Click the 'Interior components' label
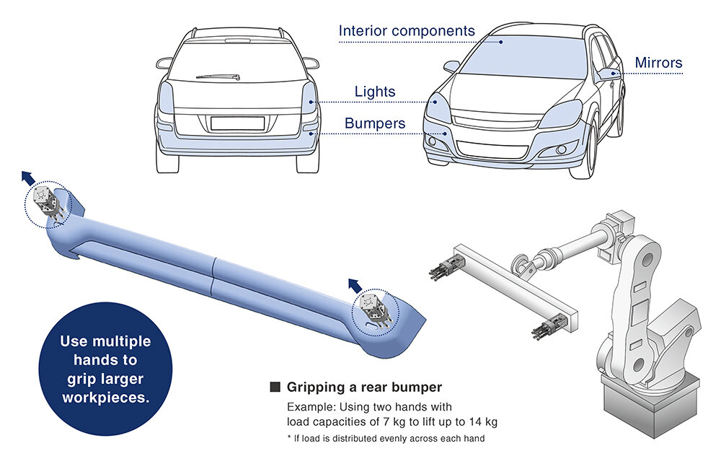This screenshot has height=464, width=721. pyautogui.click(x=407, y=31)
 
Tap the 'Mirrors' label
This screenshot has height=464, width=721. pyautogui.click(x=658, y=63)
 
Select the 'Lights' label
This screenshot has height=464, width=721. pyautogui.click(x=375, y=92)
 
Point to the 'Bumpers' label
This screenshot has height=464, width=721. pyautogui.click(x=375, y=123)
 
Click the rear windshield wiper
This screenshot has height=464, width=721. pyautogui.click(x=219, y=76)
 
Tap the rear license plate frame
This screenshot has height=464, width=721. pyautogui.click(x=238, y=123)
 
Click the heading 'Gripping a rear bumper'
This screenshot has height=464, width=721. pyautogui.click(x=364, y=387)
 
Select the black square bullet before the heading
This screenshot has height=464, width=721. pyautogui.click(x=275, y=387)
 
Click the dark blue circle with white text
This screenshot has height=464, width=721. pyautogui.click(x=105, y=369)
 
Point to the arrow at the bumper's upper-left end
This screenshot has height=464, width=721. pyautogui.click(x=28, y=178)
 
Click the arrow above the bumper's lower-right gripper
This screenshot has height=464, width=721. pyautogui.click(x=355, y=286)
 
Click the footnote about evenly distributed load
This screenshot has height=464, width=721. pyautogui.click(x=386, y=438)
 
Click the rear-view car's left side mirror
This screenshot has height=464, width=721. pyautogui.click(x=164, y=63)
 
